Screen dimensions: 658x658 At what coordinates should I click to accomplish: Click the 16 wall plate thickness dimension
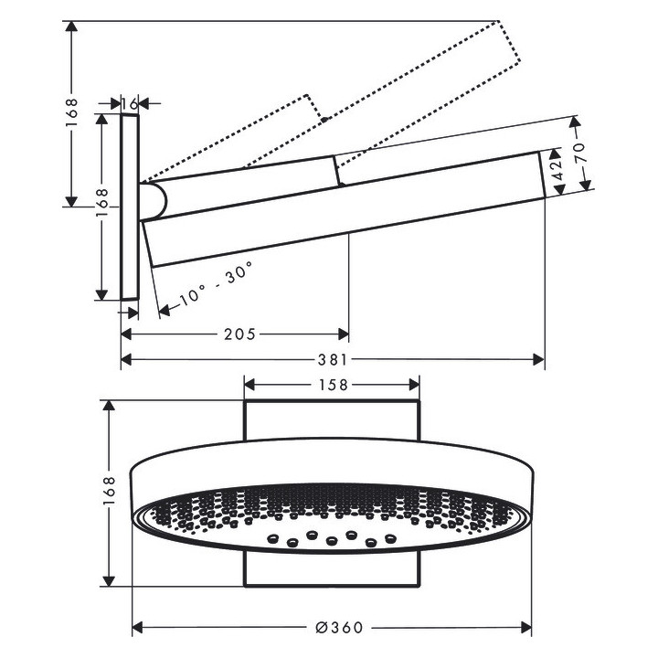pyautogui.click(x=130, y=104)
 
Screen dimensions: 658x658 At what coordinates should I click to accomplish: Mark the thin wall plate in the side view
pyautogui.click(x=130, y=207)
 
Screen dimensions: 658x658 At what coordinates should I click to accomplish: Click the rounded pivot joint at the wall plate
pyautogui.click(x=154, y=199)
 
